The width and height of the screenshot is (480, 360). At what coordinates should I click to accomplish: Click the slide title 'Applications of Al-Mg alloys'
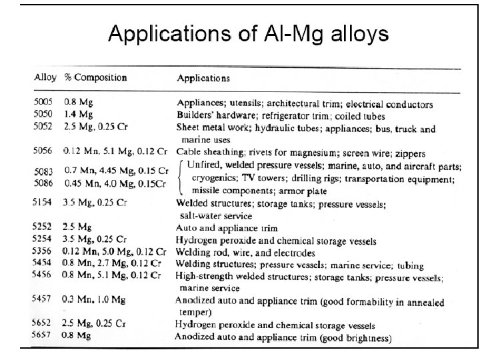[x=248, y=34]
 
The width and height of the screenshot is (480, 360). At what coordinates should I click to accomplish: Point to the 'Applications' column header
[x=203, y=78]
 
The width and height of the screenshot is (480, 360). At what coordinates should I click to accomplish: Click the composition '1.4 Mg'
[x=79, y=115]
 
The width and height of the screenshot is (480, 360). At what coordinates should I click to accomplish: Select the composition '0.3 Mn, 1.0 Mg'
[x=98, y=301]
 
